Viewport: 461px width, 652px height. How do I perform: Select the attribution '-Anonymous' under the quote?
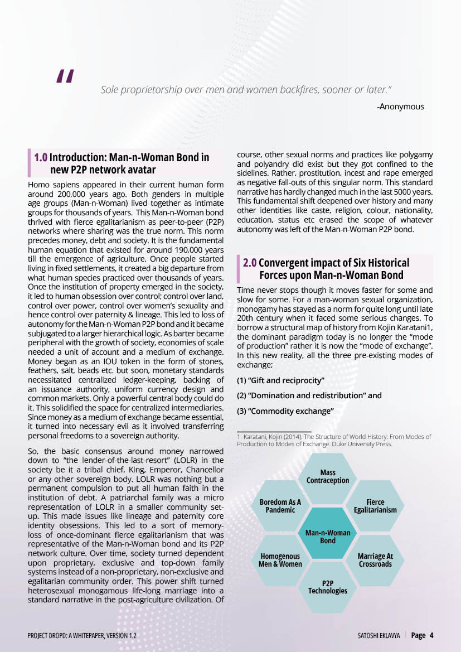pyautogui.click(x=400, y=106)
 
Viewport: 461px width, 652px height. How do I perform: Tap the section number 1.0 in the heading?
pyautogui.click(x=41, y=158)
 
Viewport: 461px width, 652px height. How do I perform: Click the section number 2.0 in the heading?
pyautogui.click(x=250, y=263)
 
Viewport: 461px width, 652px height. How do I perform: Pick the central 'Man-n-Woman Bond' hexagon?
pyautogui.click(x=328, y=537)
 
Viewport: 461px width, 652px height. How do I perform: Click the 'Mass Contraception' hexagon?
pyautogui.click(x=328, y=476)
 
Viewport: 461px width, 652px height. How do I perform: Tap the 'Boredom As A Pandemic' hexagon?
pyautogui.click(x=280, y=506)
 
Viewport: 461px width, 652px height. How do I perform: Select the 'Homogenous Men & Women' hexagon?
pyautogui.click(x=280, y=559)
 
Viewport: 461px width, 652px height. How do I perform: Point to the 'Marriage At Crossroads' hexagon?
pyautogui.click(x=375, y=559)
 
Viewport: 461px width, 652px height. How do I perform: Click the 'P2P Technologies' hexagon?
pyautogui.click(x=328, y=587)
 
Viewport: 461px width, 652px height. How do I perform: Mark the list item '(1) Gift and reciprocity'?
pyautogui.click(x=281, y=380)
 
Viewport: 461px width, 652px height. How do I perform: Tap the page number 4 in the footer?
pyautogui.click(x=431, y=635)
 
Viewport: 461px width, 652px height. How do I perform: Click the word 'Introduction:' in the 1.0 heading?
pyautogui.click(x=78, y=158)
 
